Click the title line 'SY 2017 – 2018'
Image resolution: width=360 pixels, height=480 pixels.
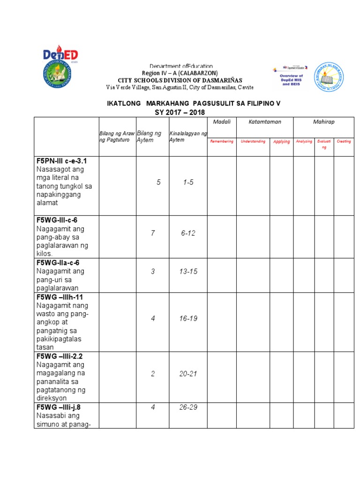pos(180,112)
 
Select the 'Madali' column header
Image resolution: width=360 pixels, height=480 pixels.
pos(222,122)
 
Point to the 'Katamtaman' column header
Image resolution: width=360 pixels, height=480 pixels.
pos(265,122)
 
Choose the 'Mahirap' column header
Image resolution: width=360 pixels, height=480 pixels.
pos(323,122)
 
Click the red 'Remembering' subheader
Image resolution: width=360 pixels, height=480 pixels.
pos(222,141)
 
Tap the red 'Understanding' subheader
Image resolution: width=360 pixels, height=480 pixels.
pos(253,141)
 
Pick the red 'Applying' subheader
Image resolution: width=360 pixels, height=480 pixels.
pos(281,142)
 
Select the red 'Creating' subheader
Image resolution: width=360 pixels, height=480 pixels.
pos(344,141)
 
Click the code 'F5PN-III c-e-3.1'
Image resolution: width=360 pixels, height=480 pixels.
pos(61,161)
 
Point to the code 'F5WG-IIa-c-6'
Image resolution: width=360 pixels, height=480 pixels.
pos(58,262)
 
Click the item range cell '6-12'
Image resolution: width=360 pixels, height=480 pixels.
pos(188,233)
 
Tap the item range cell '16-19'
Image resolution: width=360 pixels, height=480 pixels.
pos(188,318)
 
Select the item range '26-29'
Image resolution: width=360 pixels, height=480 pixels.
pos(188,407)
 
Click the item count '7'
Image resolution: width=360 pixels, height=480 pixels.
pos(153,233)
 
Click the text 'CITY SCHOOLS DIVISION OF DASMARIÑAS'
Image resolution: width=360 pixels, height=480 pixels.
pos(180,80)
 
